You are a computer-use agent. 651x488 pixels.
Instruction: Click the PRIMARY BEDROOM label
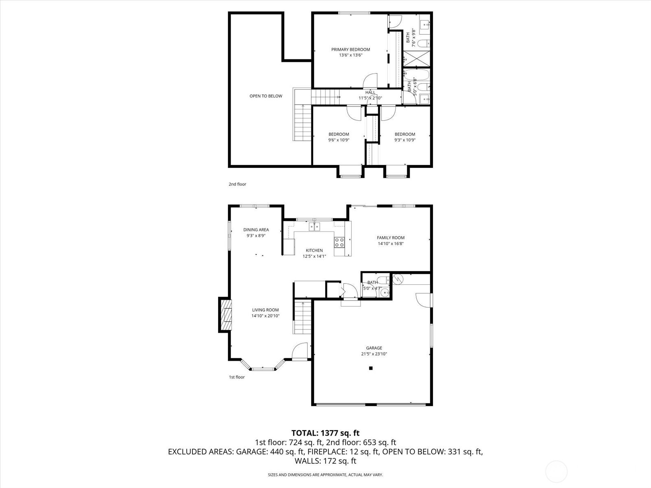pyautogui.click(x=351, y=50)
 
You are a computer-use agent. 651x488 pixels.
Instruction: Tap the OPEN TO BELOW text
pyautogui.click(x=266, y=96)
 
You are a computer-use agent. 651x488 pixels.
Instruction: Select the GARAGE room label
pyautogui.click(x=374, y=348)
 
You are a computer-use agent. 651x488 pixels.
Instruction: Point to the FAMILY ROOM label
pyautogui.click(x=391, y=237)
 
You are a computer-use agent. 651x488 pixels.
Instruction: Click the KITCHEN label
pyautogui.click(x=315, y=251)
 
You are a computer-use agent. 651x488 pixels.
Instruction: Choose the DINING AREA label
pyautogui.click(x=256, y=230)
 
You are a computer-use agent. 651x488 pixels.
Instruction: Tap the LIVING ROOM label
pyautogui.click(x=265, y=310)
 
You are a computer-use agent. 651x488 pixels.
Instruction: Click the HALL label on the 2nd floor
pyautogui.click(x=370, y=92)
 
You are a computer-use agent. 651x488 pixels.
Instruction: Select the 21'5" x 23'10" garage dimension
pyautogui.click(x=374, y=354)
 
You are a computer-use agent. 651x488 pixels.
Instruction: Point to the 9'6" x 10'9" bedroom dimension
pyautogui.click(x=339, y=140)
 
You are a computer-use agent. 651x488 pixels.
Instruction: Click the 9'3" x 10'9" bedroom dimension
pyautogui.click(x=405, y=140)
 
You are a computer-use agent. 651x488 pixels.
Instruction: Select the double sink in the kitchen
pyautogui.click(x=315, y=227)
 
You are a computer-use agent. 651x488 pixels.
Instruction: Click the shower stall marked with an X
pyautogui.click(x=416, y=59)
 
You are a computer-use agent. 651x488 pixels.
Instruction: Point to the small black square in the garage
pyautogui.click(x=371, y=368)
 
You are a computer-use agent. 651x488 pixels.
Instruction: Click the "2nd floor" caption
pyautogui.click(x=237, y=184)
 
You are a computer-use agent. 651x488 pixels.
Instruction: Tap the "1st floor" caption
pyautogui.click(x=237, y=377)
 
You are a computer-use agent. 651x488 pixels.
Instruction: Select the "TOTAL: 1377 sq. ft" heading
pyautogui.click(x=325, y=433)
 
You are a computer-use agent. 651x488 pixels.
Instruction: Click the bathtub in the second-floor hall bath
pyautogui.click(x=416, y=75)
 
